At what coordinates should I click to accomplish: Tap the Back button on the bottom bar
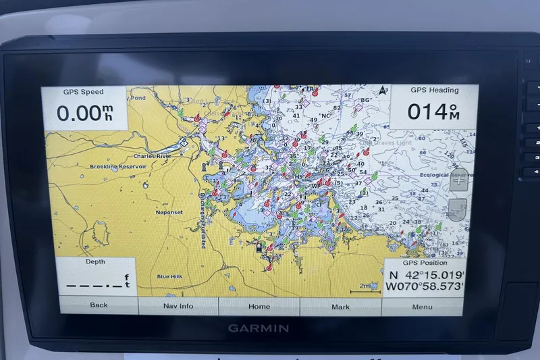pyautogui.click(x=99, y=305)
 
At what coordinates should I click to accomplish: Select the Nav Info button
pyautogui.click(x=178, y=306)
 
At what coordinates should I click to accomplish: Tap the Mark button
pyautogui.click(x=340, y=307)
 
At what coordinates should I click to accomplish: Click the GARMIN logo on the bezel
pyautogui.click(x=259, y=328)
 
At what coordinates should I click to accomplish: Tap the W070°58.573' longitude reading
pyautogui.click(x=425, y=287)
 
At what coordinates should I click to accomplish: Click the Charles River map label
pyautogui.click(x=152, y=156)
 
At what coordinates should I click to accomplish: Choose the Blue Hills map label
pyautogui.click(x=169, y=276)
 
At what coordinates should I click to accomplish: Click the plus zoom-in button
pyautogui.click(x=458, y=181)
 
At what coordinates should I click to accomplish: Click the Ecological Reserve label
pyautogui.click(x=443, y=175)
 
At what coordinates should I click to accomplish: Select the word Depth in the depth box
pyautogui.click(x=95, y=261)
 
